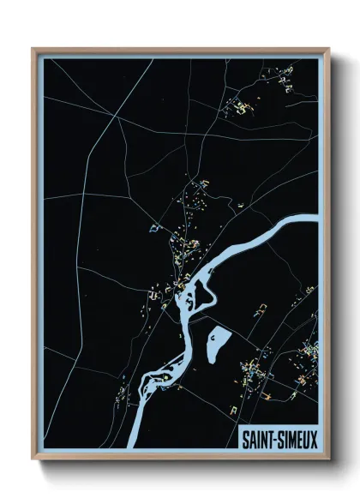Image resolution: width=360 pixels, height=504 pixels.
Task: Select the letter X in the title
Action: [x=312, y=438]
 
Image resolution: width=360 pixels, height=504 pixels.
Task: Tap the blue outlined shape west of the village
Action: [x=155, y=228]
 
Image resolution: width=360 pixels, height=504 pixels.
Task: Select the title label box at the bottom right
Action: [x=279, y=438]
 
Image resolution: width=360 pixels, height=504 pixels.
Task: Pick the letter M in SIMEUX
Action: [x=291, y=438]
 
